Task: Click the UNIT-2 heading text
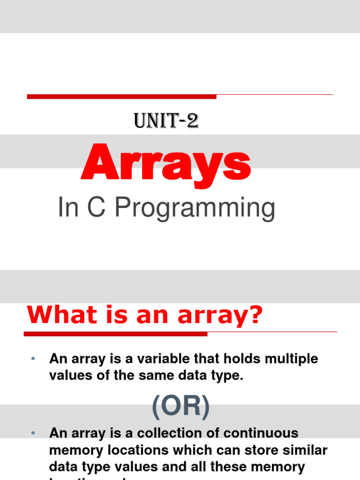pos(166,121)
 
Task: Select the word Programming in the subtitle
pos(195,209)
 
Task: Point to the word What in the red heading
pos(57,316)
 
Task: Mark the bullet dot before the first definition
pos(33,359)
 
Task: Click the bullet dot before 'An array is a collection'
pos(33,433)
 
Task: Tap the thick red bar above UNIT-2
pos(122,97)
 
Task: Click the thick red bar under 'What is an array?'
pos(115,334)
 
